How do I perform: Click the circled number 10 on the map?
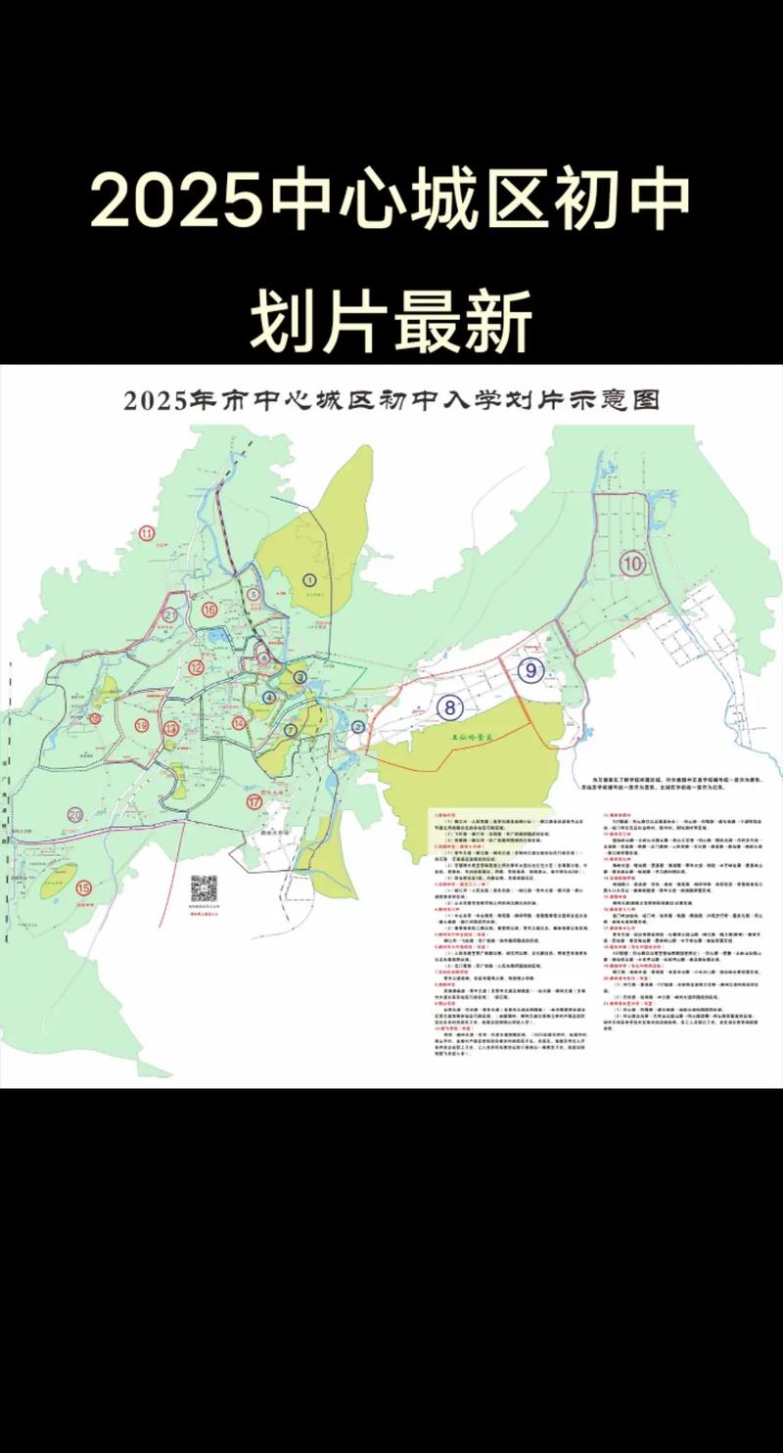[x=632, y=563]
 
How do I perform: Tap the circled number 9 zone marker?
[x=530, y=671]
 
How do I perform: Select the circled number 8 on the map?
[x=450, y=706]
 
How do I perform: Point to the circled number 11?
[x=148, y=533]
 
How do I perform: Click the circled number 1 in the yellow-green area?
[x=309, y=580]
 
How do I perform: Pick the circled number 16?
[x=209, y=610]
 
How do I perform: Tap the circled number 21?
[x=170, y=615]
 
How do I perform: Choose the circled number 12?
[x=197, y=668]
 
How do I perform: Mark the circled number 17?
[x=254, y=801]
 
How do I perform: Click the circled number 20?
[x=76, y=814]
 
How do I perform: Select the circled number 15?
[x=83, y=887]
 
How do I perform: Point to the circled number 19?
[x=142, y=725]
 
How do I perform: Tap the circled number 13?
[x=171, y=728]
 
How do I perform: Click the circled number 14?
[x=239, y=723]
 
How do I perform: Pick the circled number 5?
[x=253, y=594]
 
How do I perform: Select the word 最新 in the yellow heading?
[x=464, y=319]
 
